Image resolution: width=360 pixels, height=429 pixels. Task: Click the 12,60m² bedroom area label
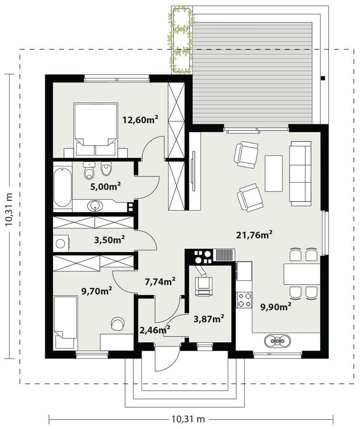140,120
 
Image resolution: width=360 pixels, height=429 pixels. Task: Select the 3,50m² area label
109,239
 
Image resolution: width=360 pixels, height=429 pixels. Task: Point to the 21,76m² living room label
254,234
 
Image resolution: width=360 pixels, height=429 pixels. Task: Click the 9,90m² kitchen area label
276,307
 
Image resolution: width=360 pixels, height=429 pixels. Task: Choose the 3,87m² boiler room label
209,318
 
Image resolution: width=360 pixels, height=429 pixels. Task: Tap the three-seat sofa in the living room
300,173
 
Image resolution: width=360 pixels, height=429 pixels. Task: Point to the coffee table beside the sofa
273,173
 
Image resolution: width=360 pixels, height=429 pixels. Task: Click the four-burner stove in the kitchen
245,300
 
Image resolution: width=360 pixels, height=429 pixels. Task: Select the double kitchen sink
279,340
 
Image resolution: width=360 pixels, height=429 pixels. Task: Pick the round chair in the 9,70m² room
117,324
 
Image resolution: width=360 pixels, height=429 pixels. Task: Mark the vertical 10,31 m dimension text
9,215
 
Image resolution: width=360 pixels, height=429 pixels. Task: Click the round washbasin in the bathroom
95,206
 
